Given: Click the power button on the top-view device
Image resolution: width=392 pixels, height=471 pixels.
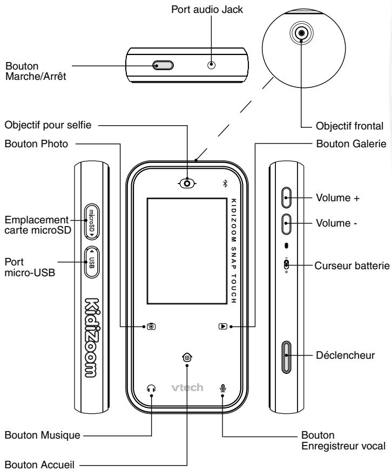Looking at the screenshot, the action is [163, 65].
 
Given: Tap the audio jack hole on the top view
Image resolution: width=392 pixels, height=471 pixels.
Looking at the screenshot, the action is [212, 65].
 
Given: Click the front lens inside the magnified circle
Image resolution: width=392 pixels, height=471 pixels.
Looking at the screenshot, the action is [301, 33].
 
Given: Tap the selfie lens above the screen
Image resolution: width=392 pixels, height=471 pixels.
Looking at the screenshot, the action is [187, 183].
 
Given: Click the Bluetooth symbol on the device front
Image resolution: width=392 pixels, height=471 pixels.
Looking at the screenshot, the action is [225, 183].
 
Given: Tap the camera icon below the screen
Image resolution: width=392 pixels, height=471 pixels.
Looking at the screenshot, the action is [151, 326].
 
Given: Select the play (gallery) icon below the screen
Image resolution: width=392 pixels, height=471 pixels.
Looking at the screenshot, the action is [223, 326].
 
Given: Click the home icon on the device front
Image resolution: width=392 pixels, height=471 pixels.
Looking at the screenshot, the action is [187, 357].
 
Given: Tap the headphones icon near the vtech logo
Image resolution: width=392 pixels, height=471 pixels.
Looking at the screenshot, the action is [152, 388].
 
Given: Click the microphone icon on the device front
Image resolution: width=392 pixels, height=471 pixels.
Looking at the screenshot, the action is [222, 388].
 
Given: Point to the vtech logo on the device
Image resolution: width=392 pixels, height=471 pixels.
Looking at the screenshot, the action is [187, 388].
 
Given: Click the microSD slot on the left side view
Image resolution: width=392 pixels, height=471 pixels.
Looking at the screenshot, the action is [92, 222].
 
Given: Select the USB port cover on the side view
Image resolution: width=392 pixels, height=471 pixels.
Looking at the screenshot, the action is [92, 262].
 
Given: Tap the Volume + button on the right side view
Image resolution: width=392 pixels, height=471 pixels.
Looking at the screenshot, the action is [287, 197].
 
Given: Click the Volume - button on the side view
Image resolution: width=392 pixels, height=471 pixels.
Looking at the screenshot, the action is [287, 224].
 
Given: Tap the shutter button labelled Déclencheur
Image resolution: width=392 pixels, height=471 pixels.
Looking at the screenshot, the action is [287, 357].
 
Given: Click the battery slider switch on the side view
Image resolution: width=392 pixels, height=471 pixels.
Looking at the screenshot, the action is [286, 265].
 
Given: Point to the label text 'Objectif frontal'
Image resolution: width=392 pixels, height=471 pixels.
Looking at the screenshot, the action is [349, 126].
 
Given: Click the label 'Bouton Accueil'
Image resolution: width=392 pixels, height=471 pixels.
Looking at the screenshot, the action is [39, 465].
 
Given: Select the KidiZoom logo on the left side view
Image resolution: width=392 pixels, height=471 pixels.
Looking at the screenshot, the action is [91, 338].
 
